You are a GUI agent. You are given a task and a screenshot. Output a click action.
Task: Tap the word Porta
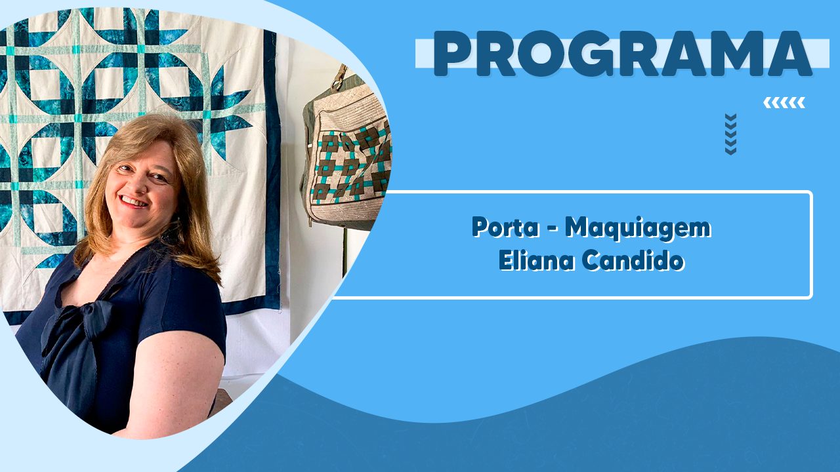[x=505, y=227]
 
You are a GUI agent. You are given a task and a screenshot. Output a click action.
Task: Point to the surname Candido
[x=633, y=260]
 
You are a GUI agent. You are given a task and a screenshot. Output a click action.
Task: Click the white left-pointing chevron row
[x=784, y=103]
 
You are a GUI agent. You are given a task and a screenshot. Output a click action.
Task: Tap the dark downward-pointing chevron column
[x=730, y=134]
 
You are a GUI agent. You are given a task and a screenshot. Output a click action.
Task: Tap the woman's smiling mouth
[x=134, y=201]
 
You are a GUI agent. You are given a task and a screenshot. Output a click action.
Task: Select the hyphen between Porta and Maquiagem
[x=553, y=228]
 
